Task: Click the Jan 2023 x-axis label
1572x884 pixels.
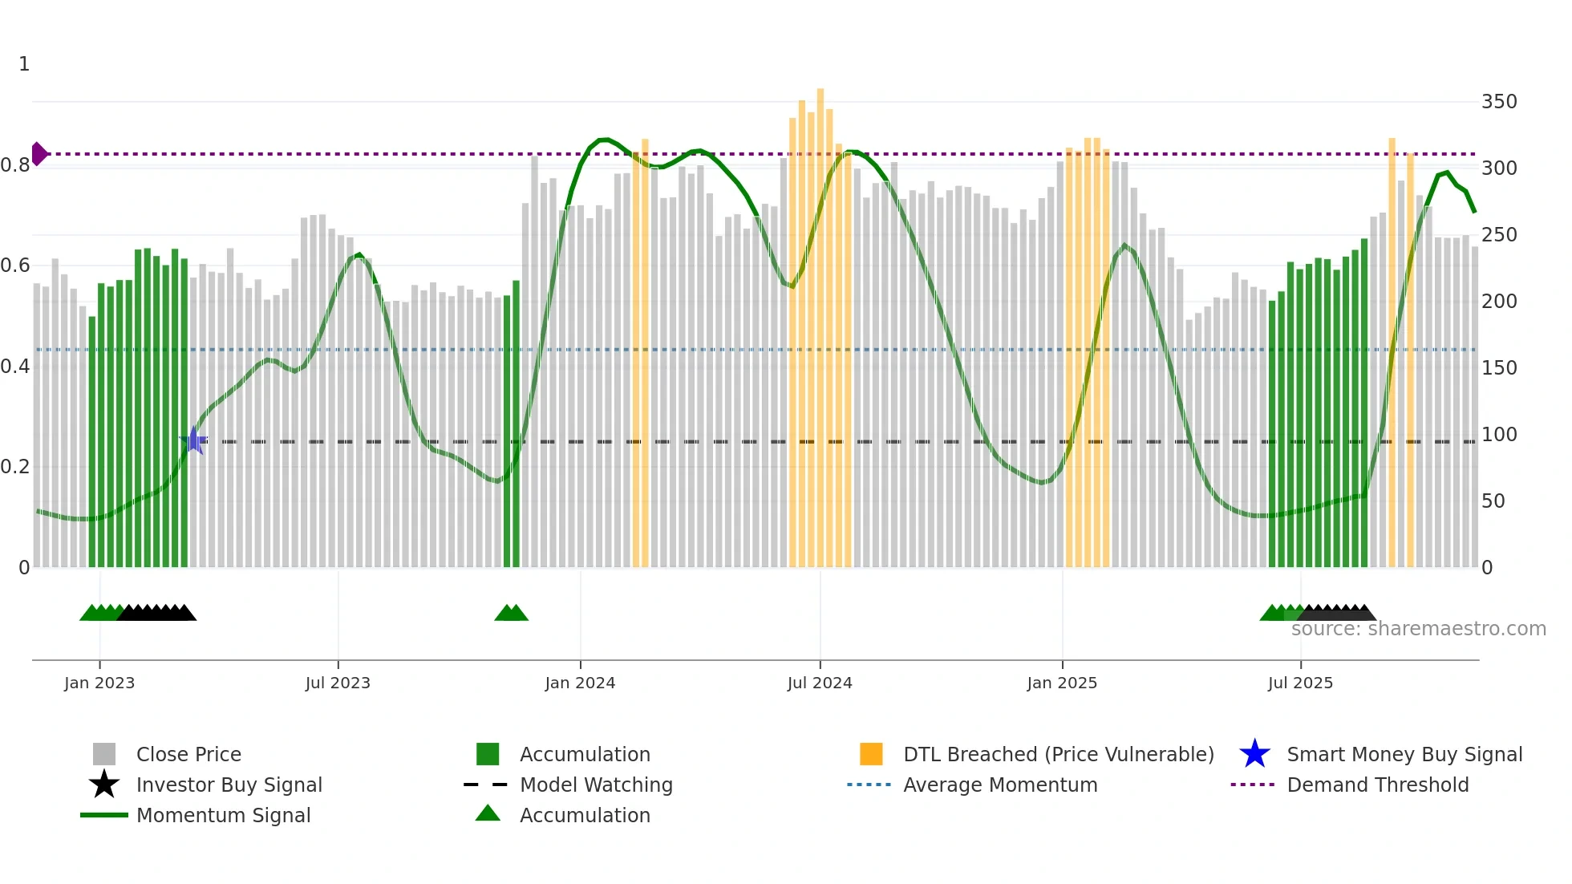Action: tap(99, 683)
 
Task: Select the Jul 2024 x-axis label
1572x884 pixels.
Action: tap(820, 683)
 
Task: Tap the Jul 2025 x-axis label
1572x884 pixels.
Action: tap(1300, 683)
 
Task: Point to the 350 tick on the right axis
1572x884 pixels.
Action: tap(1499, 102)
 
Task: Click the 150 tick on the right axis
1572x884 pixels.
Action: tap(1499, 368)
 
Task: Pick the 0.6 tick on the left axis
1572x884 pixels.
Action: tap(15, 266)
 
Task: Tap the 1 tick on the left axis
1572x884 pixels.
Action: tap(24, 64)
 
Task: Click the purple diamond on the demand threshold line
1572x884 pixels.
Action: tap(38, 153)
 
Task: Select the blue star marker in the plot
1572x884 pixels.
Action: tap(194, 440)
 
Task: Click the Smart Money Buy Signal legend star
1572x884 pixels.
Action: tap(1254, 754)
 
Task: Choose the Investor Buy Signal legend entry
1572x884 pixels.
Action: tap(229, 785)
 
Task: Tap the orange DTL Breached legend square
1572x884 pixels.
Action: tap(871, 754)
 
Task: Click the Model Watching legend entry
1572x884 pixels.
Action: tap(596, 785)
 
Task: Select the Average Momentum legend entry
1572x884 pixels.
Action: tap(1000, 785)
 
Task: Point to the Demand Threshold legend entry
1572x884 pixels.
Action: tap(1377, 785)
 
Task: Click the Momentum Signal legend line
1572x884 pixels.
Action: tap(104, 815)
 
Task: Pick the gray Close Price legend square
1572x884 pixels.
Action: tap(104, 754)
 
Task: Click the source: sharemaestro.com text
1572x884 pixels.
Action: tap(1418, 629)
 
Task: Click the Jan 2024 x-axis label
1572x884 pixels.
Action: tap(580, 683)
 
